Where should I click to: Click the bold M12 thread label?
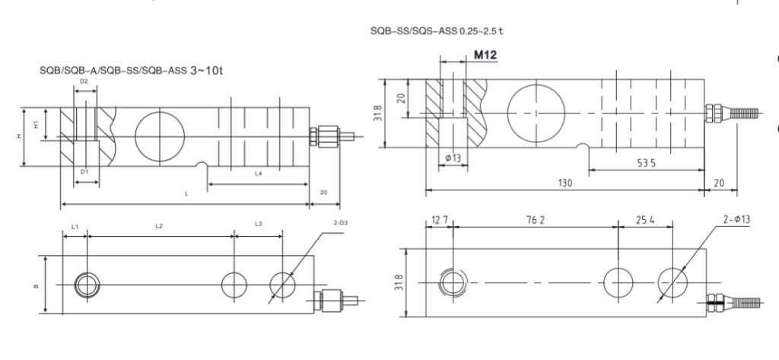[x=485, y=55]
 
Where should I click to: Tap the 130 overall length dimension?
[x=565, y=183]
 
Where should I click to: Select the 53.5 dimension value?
[x=646, y=163]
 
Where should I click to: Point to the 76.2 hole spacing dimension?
[x=535, y=220]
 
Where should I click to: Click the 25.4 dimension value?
[x=645, y=220]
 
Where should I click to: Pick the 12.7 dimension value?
[x=440, y=220]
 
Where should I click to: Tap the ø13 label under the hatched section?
[x=453, y=158]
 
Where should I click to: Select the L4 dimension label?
[x=259, y=174]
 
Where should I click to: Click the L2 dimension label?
[x=159, y=226]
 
